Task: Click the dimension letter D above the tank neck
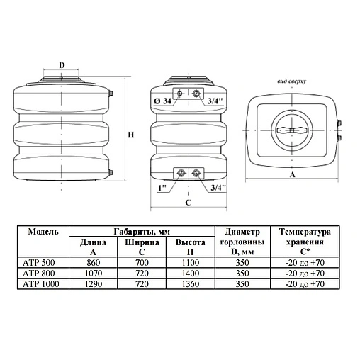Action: point(62,65)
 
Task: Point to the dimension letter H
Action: point(131,135)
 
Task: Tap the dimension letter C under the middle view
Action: point(189,203)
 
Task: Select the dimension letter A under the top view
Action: point(293,174)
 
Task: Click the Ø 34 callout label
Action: point(162,101)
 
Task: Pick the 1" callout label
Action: point(162,188)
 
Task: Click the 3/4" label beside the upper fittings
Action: point(215,101)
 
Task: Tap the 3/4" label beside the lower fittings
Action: point(218,188)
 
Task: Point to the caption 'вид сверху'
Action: point(292,81)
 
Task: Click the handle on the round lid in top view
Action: point(292,130)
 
